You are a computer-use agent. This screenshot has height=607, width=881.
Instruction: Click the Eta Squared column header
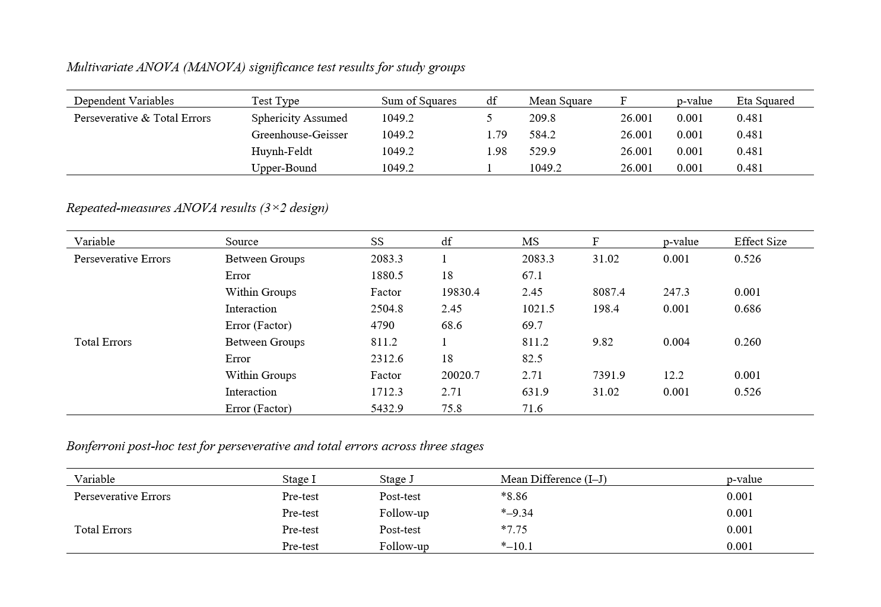[765, 101]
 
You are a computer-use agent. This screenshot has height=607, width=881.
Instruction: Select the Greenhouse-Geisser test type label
[299, 135]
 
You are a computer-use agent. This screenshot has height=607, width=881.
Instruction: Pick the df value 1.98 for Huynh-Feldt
[497, 151]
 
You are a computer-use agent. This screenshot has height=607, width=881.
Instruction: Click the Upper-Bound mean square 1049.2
[545, 168]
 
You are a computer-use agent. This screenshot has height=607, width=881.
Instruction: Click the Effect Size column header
[760, 242]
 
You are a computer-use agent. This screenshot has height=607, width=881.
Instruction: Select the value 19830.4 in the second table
[460, 292]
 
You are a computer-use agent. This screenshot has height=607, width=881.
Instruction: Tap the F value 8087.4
[608, 292]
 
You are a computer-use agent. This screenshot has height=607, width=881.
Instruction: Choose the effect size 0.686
[747, 309]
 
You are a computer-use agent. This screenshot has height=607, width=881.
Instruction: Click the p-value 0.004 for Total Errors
[676, 342]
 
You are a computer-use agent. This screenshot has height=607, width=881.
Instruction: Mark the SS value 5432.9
[387, 409]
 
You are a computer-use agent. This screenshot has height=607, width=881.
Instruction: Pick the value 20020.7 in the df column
[460, 375]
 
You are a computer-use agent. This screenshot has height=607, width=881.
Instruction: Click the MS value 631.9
[535, 392]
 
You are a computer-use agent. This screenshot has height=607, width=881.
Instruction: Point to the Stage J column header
[396, 479]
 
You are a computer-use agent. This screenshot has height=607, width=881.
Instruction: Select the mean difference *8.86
[514, 497]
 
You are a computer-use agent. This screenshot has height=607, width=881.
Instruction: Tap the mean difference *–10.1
[516, 546]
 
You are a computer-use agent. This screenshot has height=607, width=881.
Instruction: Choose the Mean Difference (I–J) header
[553, 479]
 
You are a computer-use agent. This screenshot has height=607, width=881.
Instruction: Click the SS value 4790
[382, 325]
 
